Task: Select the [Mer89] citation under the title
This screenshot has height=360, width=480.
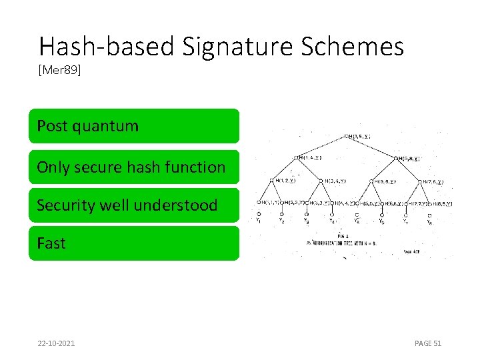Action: (60, 70)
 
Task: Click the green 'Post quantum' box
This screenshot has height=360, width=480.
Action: (133, 126)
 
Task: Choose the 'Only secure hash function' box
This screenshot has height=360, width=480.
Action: (133, 167)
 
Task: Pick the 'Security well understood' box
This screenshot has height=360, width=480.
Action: (133, 205)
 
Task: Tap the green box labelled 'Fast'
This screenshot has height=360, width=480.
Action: (133, 243)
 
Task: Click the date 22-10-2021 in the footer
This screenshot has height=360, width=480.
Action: (56, 343)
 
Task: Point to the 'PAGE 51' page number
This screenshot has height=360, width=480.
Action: (428, 343)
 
